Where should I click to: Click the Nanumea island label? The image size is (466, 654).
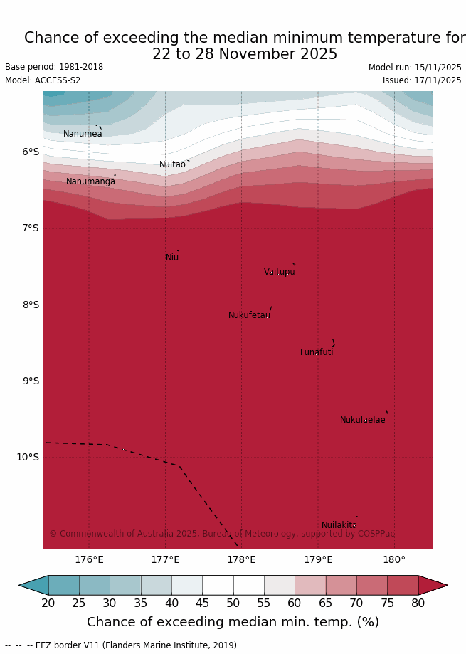pos(83,134)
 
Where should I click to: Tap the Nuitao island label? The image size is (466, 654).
pos(172,164)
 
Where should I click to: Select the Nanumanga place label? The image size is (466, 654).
pos(90,181)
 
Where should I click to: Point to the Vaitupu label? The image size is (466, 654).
pos(279,272)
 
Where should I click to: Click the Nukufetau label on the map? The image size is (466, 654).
pos(249,315)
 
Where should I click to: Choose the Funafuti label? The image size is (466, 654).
pos(317,352)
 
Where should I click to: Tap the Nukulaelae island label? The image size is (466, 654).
pos(362,420)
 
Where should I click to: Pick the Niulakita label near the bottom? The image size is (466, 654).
pos(339,525)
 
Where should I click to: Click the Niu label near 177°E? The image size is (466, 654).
pos(172,258)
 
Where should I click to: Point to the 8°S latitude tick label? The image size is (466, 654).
pos(31,305)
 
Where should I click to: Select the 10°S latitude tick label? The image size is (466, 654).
pos(28,457)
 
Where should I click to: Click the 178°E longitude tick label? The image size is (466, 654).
pos(241,559)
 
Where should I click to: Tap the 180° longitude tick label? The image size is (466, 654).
pos(394,559)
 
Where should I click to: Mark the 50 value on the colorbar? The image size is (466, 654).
pos(233,603)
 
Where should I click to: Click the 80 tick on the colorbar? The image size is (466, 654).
pos(418,603)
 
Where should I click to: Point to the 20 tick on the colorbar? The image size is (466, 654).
pos(48,603)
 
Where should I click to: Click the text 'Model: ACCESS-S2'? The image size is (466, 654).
pos(43,80)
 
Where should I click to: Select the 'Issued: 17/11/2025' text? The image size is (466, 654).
pos(422,80)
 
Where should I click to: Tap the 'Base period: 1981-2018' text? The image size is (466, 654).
pos(54,67)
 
